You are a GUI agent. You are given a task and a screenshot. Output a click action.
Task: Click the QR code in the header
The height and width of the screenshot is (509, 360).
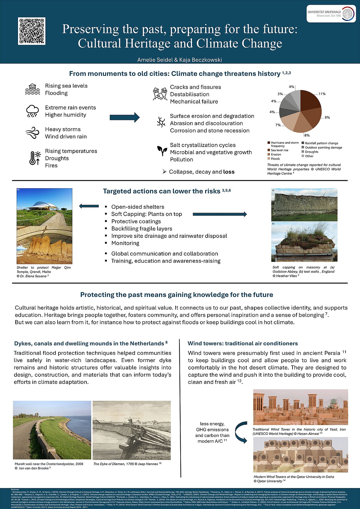coord(31,31)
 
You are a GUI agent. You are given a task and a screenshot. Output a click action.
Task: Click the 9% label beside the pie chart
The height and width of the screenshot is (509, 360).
coord(327,118)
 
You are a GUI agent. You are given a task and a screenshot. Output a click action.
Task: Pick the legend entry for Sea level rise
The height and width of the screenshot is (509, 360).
coord(279,150)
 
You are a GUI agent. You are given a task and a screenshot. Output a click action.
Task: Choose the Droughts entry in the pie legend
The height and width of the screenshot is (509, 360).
coord(311,152)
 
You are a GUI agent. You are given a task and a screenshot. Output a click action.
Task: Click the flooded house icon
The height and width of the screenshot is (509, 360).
coord(32,89)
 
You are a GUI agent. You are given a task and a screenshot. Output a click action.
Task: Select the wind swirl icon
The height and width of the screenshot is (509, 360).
coord(32,133)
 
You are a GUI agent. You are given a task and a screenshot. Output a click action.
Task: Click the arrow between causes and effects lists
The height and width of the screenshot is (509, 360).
coord(124,117)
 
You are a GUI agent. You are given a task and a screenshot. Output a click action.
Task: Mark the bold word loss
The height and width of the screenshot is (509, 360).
coord(229,172)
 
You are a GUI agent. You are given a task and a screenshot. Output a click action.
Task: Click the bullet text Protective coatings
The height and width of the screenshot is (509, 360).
coord(136,221)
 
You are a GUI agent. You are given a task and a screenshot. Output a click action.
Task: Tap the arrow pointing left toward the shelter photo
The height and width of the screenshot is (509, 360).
coord(89,206)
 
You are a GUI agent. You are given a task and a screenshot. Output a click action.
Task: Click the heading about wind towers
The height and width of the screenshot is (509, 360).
coord(243,343)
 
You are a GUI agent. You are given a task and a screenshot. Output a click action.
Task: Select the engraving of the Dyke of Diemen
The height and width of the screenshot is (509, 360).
coord(132,430)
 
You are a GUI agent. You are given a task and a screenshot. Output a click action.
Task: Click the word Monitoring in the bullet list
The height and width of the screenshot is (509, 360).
coord(125,243)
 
